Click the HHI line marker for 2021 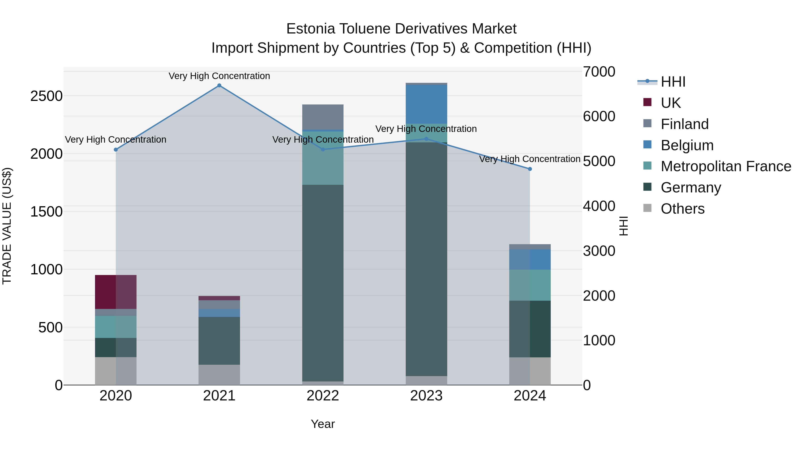click(x=219, y=85)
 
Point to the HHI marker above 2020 click(x=116, y=150)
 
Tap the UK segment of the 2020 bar click(x=116, y=292)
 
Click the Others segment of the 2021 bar click(x=219, y=374)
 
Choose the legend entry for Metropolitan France click(x=726, y=166)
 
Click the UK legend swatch click(x=648, y=102)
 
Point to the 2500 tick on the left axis click(x=46, y=96)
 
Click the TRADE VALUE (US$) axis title click(x=7, y=226)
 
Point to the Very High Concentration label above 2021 click(x=219, y=76)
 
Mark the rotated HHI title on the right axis click(x=623, y=226)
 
